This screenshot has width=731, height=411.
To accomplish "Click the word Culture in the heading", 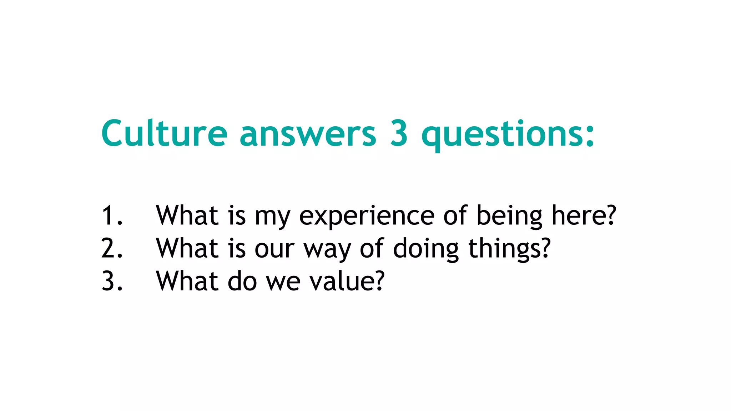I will tap(164, 133).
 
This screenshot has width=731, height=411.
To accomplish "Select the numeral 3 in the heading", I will tap(399, 133).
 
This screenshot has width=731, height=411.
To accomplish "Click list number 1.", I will tap(111, 215).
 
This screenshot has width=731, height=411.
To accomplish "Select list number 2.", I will tap(111, 249).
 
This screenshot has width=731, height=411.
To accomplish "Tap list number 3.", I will tap(111, 281).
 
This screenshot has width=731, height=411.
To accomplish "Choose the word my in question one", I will tap(272, 218).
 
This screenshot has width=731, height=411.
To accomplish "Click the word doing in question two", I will tap(425, 250).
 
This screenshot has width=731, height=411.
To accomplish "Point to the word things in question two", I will tap(505, 250).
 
